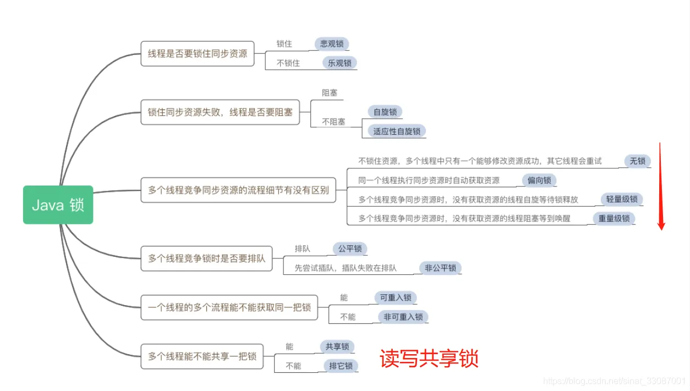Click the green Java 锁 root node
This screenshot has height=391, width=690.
(x=58, y=205)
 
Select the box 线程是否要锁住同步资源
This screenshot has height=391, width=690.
(x=198, y=54)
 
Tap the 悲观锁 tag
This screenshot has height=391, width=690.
(x=332, y=44)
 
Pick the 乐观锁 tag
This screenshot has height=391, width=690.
(x=339, y=63)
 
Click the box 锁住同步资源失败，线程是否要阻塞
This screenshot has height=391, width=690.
(x=220, y=112)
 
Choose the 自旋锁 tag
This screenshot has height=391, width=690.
(x=385, y=112)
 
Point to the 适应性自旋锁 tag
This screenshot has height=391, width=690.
(x=397, y=131)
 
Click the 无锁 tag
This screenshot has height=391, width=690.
(x=637, y=161)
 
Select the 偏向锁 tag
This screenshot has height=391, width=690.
(x=539, y=180)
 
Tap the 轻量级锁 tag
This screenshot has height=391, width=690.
(x=622, y=199)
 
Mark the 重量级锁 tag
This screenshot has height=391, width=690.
(x=614, y=218)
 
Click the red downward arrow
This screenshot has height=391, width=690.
(x=661, y=187)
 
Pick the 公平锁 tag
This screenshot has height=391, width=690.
(x=350, y=249)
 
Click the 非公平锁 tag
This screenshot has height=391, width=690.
(x=440, y=268)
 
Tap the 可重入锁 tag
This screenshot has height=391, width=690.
(x=396, y=298)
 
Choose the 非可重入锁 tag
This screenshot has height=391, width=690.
(x=403, y=317)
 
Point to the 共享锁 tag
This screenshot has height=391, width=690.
(x=337, y=346)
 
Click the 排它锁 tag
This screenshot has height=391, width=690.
(x=341, y=366)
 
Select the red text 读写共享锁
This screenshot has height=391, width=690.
(x=429, y=359)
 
